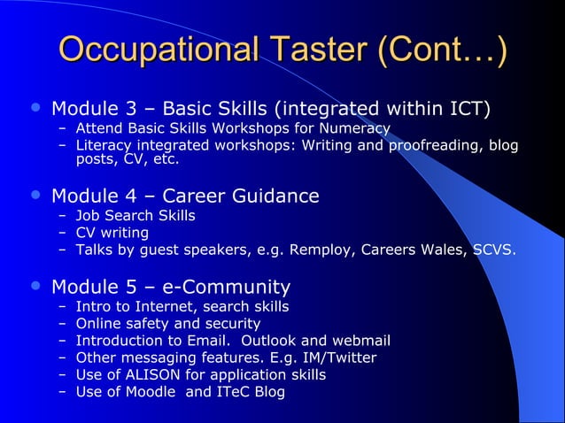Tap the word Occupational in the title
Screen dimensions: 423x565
pyautogui.click(x=151, y=50)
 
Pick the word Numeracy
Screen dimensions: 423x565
pyautogui.click(x=355, y=128)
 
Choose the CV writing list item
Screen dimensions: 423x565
pyautogui.click(x=112, y=233)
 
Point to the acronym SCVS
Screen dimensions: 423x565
pyautogui.click(x=492, y=250)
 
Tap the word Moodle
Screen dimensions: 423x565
pyautogui.click(x=151, y=392)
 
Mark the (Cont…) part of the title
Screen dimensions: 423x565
pyautogui.click(x=442, y=50)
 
